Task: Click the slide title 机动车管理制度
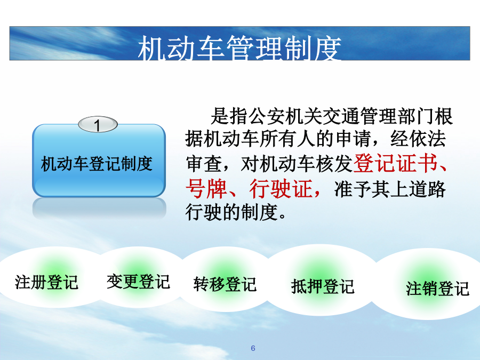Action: click(x=239, y=48)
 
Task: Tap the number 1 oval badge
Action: click(x=98, y=125)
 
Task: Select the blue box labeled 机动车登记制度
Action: click(x=99, y=161)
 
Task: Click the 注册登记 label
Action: click(x=46, y=282)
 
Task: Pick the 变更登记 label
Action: click(x=138, y=281)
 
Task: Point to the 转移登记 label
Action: click(x=225, y=284)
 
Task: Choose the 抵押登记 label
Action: click(x=323, y=286)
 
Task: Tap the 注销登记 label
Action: click(x=437, y=289)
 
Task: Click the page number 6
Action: click(x=253, y=348)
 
